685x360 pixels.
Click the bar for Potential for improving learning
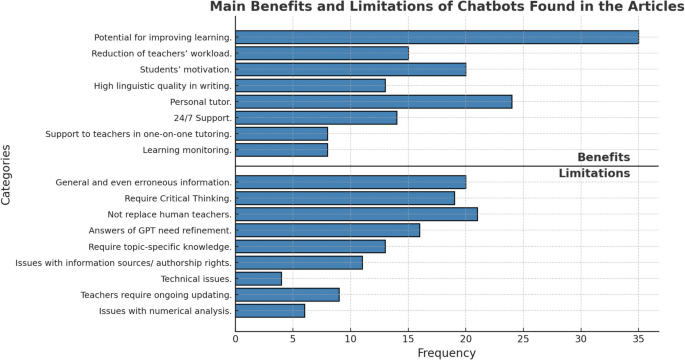(436, 37)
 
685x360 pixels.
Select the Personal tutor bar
(373, 101)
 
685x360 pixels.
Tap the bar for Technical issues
(258, 278)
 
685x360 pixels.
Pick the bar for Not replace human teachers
(356, 214)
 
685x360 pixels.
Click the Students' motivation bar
(350, 69)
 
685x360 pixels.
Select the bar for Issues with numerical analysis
(270, 310)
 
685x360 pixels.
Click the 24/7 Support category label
(201, 118)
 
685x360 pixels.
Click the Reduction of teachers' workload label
(161, 53)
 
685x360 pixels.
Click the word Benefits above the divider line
(603, 158)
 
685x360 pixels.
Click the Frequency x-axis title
(446, 352)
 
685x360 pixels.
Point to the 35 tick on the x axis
(638, 338)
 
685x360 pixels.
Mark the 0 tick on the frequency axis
(236, 338)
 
